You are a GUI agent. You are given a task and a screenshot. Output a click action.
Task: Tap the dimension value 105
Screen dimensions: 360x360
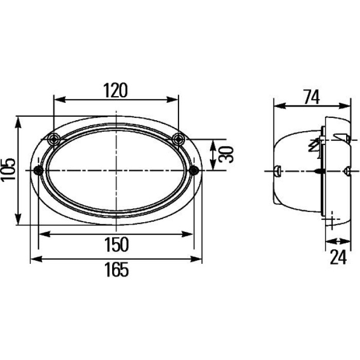(8, 170)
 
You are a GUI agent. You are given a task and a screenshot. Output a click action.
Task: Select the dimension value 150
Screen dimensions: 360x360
(116, 244)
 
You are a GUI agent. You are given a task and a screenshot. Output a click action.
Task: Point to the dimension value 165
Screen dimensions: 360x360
(116, 269)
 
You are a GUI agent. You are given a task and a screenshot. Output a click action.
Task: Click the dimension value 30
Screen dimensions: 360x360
(226, 154)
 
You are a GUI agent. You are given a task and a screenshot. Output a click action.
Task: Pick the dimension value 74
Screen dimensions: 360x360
(311, 97)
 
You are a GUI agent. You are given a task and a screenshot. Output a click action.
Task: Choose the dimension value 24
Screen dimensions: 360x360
(338, 257)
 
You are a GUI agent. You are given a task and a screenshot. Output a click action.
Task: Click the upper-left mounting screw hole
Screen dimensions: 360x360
(54, 139)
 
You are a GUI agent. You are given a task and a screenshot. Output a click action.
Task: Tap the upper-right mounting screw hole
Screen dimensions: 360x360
(179, 139)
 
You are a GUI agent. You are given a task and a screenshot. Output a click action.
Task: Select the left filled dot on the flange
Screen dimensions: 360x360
(39, 170)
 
